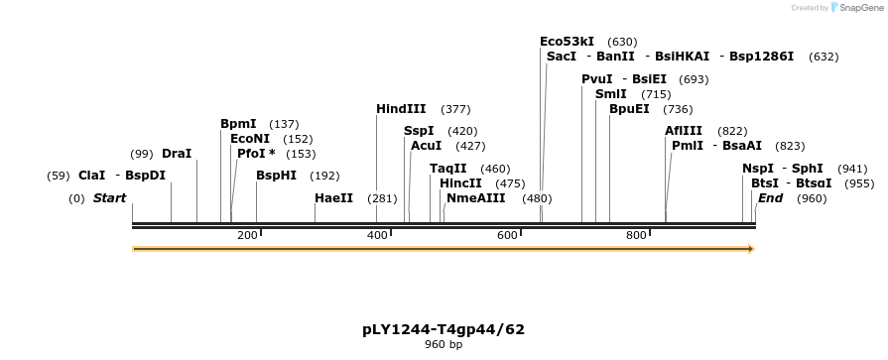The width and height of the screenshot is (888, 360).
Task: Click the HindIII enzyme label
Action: pos(400,109)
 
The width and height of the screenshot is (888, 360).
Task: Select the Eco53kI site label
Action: pos(567,42)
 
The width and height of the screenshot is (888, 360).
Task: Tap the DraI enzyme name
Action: pos(176,154)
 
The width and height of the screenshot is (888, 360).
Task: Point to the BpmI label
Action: pos(238,124)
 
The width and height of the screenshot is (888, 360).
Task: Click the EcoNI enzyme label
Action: pos(250,139)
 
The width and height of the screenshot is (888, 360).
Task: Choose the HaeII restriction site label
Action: pos(333,198)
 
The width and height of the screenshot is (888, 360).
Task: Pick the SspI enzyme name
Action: pos(419,131)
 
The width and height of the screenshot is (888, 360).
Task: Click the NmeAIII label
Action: pos(475,198)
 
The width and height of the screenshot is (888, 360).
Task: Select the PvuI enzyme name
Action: pos(597,79)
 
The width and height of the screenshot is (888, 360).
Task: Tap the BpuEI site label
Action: pos(629,109)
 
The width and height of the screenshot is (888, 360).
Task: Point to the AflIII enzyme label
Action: pos(684,131)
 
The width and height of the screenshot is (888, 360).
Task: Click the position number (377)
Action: pos(455,109)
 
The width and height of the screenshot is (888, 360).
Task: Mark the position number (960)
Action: pos(811,198)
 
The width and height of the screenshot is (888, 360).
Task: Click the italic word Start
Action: pos(109,198)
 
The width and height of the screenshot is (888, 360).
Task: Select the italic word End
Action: pos(771,198)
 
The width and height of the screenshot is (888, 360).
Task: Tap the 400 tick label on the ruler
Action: pos(377,235)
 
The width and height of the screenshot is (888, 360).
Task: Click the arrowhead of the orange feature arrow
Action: pos(750,248)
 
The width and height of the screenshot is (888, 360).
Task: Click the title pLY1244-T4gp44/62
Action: pos(444,329)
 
